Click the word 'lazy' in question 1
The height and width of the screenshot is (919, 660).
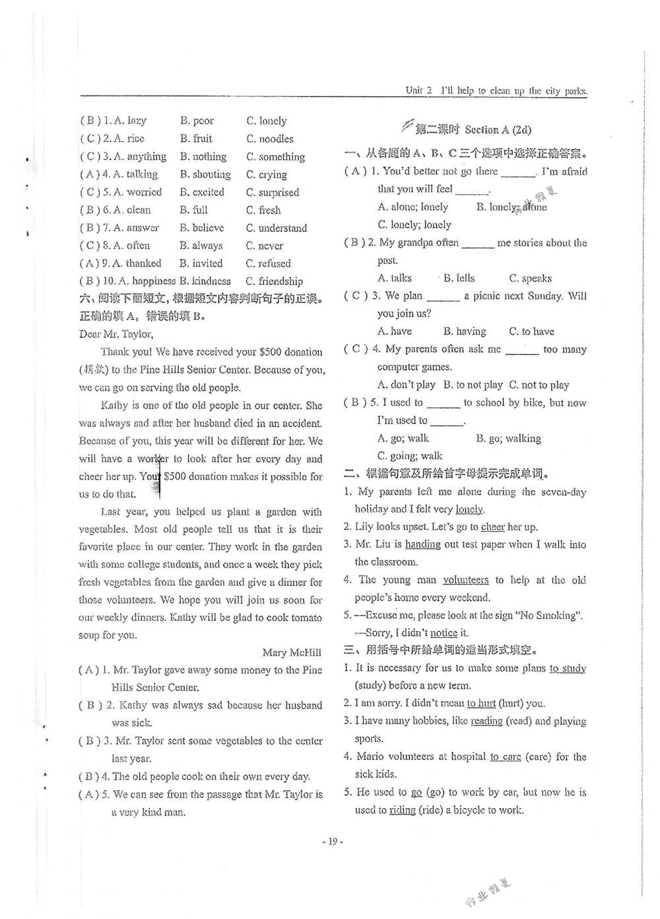click(x=137, y=121)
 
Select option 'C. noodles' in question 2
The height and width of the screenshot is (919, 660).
click(x=270, y=139)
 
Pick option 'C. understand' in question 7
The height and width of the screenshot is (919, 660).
click(x=277, y=228)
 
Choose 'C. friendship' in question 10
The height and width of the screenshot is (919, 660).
click(x=275, y=281)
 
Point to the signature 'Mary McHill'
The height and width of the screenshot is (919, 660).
click(x=292, y=652)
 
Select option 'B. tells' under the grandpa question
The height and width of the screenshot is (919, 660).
click(x=459, y=278)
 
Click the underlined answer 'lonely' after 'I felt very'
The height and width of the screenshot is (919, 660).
click(x=469, y=509)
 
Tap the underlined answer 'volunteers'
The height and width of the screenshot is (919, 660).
click(x=466, y=580)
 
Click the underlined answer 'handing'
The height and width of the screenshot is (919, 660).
click(x=422, y=544)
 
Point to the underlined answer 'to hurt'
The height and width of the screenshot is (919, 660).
click(x=481, y=703)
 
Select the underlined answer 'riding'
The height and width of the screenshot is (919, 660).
click(x=402, y=810)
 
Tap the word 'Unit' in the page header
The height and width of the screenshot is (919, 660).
click(x=414, y=91)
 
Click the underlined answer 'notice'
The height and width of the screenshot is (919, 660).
click(x=444, y=633)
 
